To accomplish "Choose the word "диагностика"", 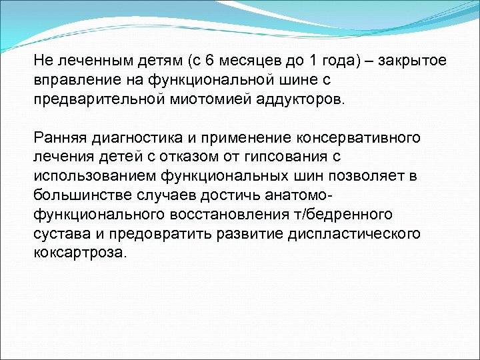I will (x=133, y=139).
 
